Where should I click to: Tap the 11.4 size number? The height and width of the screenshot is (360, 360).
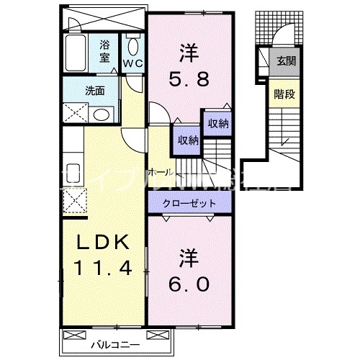[101, 270]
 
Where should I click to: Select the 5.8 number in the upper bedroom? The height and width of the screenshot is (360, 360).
[191, 78]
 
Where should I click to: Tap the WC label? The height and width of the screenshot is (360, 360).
[132, 63]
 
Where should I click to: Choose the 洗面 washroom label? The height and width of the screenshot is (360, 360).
[94, 91]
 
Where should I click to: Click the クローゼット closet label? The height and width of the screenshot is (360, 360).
[190, 204]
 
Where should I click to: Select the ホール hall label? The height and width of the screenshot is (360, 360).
[158, 173]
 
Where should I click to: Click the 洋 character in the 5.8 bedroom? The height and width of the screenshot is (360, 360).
[190, 52]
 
